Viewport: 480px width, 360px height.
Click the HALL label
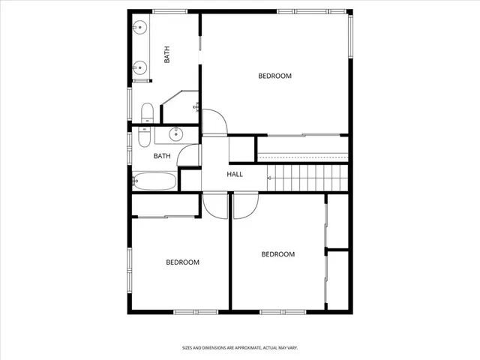[x=235, y=174]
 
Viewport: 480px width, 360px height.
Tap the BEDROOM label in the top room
[x=274, y=76]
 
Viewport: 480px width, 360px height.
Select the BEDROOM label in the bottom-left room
[x=182, y=262]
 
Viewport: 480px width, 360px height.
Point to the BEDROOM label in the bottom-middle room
[x=277, y=254]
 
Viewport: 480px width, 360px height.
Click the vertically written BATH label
[x=167, y=55]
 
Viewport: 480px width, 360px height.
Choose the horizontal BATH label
[x=162, y=156]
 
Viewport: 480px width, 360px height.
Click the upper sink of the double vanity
[x=139, y=28]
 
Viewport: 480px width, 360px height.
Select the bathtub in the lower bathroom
[x=154, y=181]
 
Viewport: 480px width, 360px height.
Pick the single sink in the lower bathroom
[x=175, y=135]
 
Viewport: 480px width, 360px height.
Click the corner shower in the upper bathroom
[x=181, y=108]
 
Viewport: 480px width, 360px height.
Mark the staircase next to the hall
[x=308, y=178]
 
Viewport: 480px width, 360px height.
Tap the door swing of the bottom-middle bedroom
[x=245, y=206]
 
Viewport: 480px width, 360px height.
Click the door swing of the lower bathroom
[x=190, y=154]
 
